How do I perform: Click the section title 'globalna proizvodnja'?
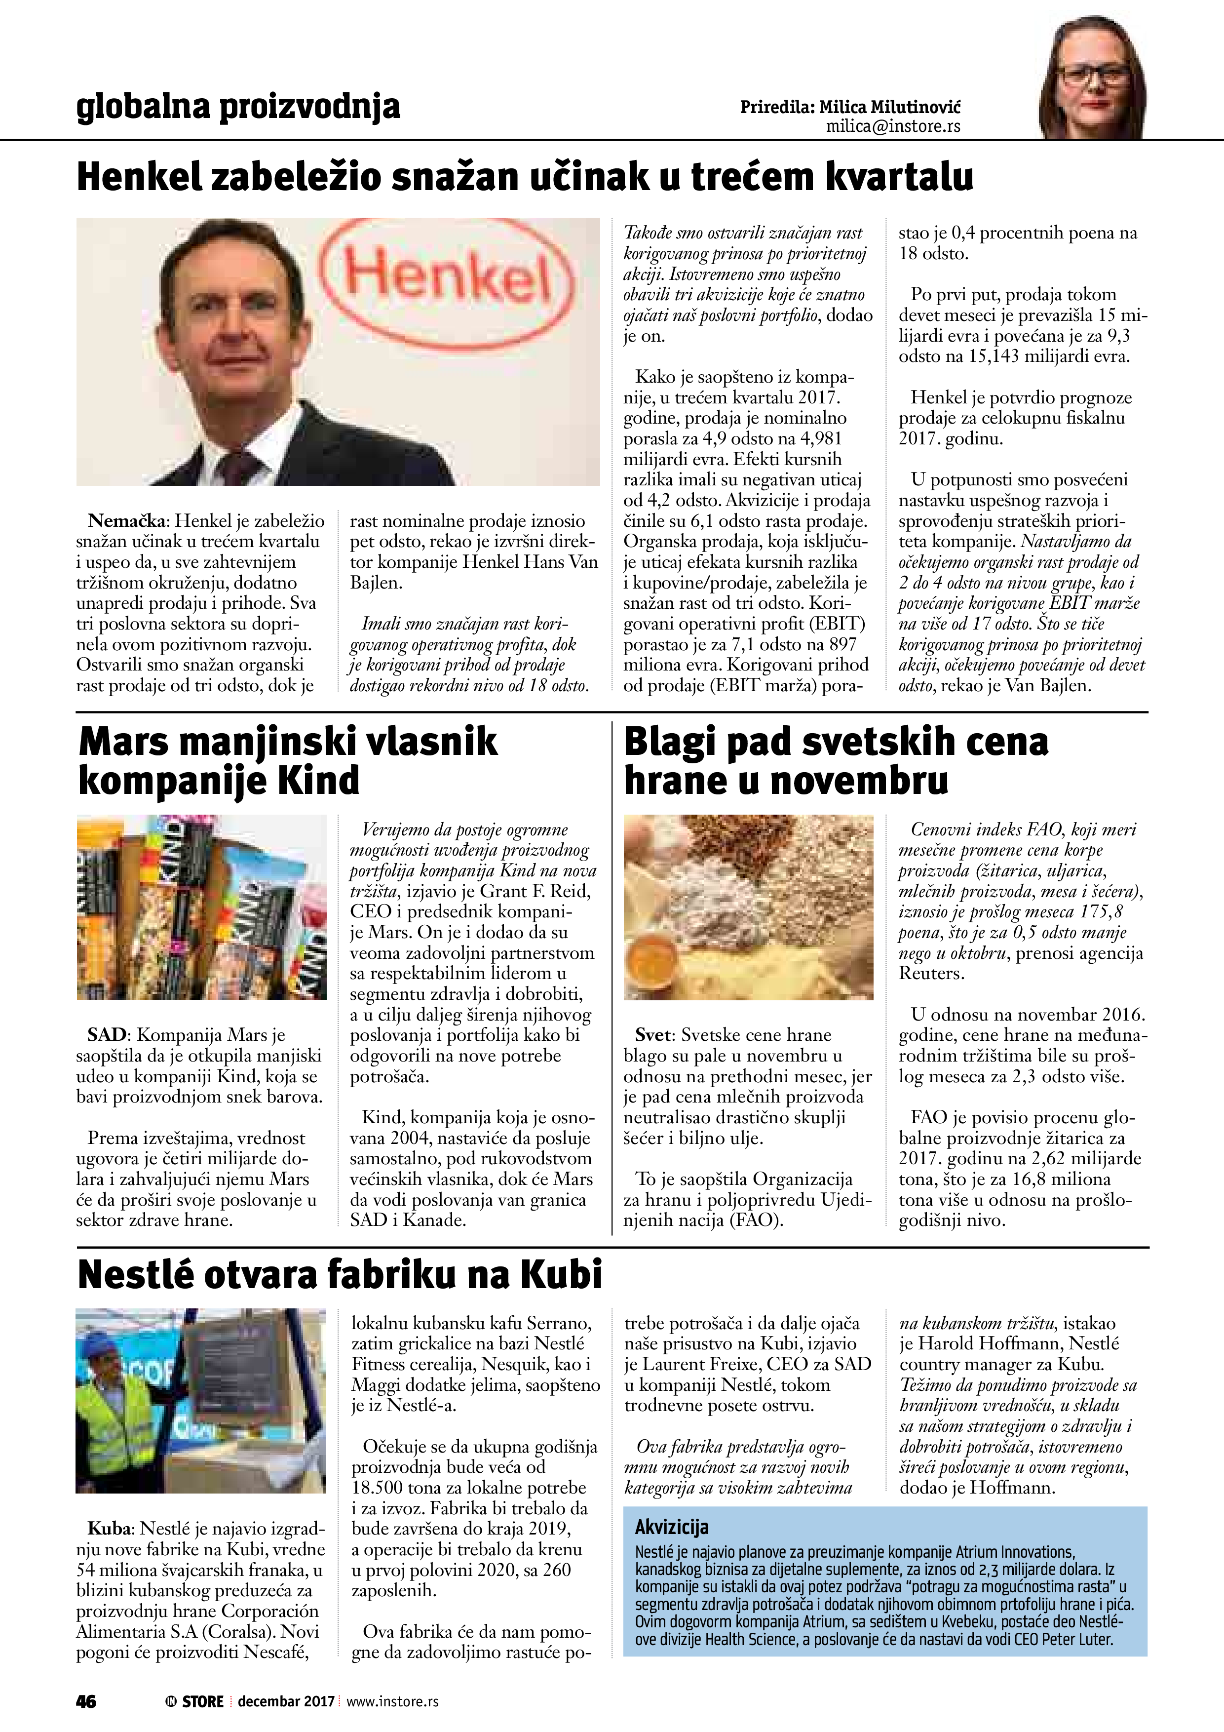pyautogui.click(x=237, y=108)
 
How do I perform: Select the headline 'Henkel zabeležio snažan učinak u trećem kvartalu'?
pyautogui.click(x=525, y=177)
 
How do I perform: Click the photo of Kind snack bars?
pyautogui.click(x=201, y=907)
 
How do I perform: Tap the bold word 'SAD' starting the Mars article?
pyautogui.click(x=106, y=1035)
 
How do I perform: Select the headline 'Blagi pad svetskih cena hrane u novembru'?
pyautogui.click(x=836, y=760)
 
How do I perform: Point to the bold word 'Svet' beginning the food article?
pyautogui.click(x=652, y=1035)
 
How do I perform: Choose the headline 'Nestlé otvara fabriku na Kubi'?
pyautogui.click(x=340, y=1275)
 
